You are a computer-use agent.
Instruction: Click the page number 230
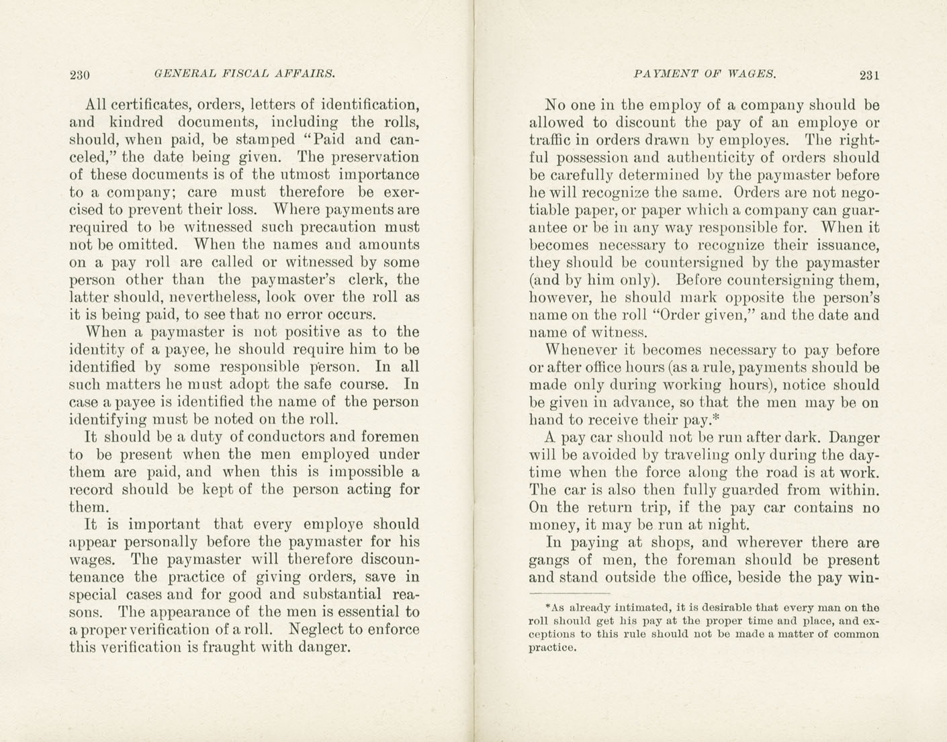click(80, 75)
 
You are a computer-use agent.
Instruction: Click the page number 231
click(868, 75)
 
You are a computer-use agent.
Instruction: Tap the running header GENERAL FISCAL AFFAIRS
click(244, 74)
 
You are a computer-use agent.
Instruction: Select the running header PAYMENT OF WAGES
click(705, 75)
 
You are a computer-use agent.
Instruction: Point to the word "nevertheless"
click(213, 297)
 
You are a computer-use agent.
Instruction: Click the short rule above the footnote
click(569, 594)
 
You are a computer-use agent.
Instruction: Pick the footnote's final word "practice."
click(553, 649)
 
